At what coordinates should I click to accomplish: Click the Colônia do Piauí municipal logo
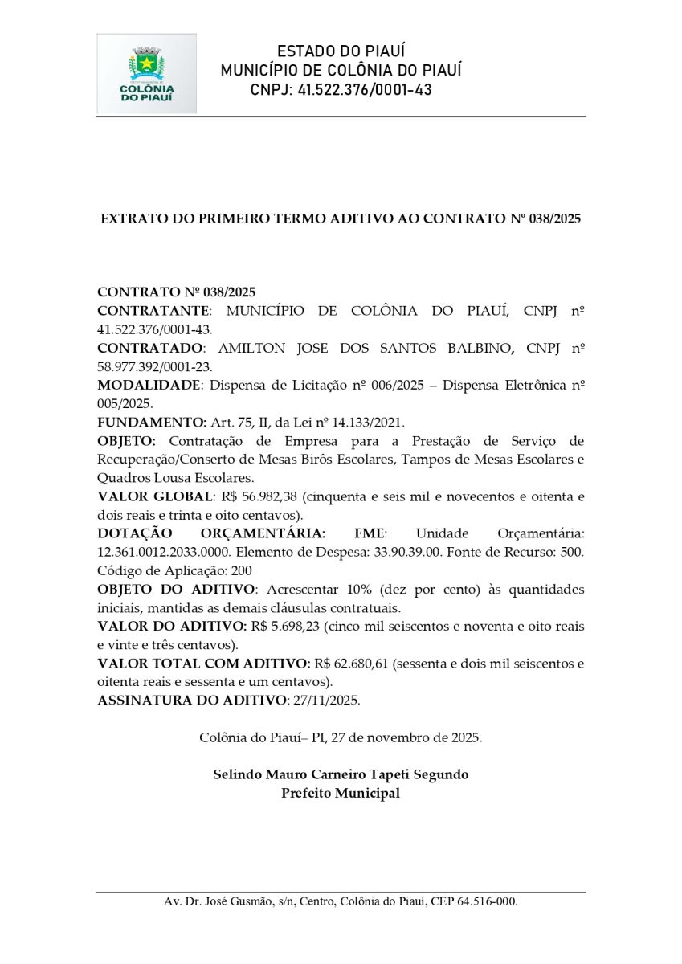click(x=146, y=74)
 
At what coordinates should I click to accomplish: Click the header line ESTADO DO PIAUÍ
click(x=341, y=51)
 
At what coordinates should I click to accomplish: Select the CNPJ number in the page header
click(x=364, y=90)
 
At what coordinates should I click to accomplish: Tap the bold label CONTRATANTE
click(x=153, y=310)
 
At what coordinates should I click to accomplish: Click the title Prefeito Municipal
click(x=341, y=794)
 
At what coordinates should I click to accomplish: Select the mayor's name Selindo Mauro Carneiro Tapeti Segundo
click(x=341, y=775)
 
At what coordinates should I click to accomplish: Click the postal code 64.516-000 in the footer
click(x=484, y=902)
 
